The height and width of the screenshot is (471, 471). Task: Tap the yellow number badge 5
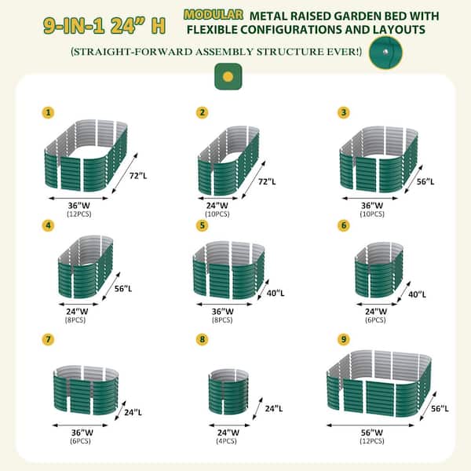tap(203, 225)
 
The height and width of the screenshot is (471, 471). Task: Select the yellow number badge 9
tap(344, 339)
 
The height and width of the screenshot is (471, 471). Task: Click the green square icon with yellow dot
tap(227, 76)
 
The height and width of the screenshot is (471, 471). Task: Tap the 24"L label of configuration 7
tap(133, 411)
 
